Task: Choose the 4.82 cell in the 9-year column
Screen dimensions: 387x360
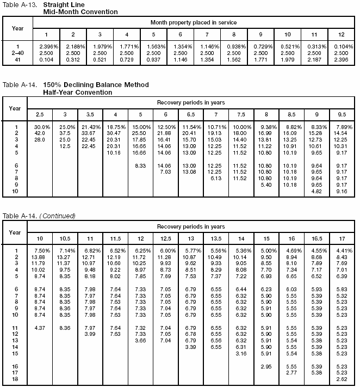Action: (x=315, y=192)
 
